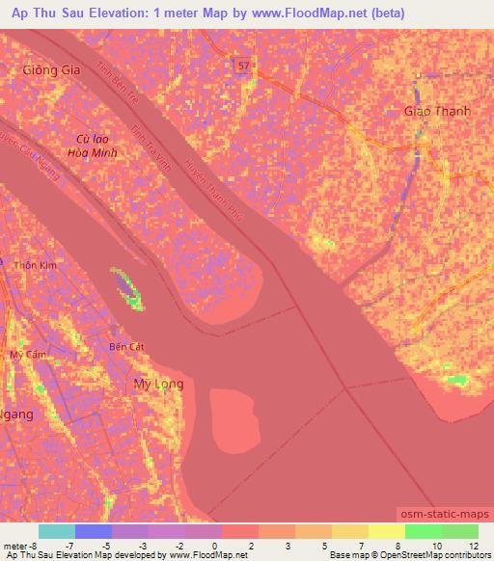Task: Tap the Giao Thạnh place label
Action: (437, 111)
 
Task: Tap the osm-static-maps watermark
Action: (441, 517)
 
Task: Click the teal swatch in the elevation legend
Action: (57, 531)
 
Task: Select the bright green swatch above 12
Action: (460, 531)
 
